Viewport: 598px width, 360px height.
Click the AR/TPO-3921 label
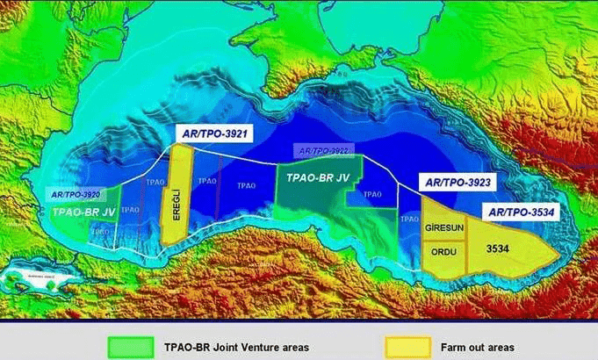[x=213, y=133]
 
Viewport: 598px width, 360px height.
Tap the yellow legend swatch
[x=408, y=346]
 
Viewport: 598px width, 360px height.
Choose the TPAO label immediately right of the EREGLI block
[x=207, y=181]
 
